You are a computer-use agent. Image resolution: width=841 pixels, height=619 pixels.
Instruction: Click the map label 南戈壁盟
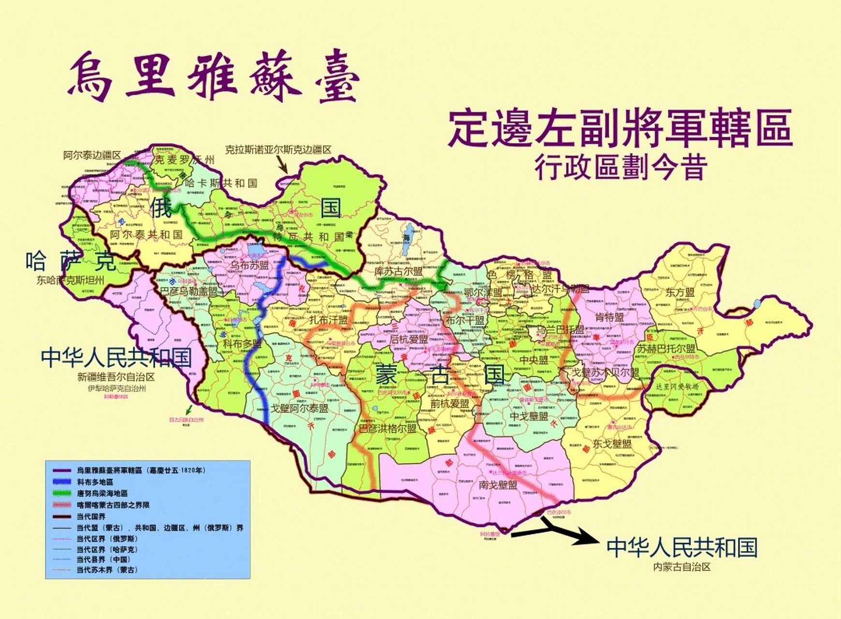click(x=498, y=485)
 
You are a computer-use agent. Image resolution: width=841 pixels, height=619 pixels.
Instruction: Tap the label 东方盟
click(x=679, y=292)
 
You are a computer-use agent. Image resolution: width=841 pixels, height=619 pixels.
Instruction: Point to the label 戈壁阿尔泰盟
click(x=299, y=408)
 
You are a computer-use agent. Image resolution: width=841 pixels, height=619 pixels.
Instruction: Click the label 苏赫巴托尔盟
click(x=666, y=349)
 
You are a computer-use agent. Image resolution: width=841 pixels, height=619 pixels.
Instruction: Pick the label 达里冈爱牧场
click(x=677, y=387)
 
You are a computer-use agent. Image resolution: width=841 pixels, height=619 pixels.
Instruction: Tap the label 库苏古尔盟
click(x=398, y=271)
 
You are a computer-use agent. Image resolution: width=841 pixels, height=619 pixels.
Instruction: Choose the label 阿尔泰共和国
click(x=146, y=235)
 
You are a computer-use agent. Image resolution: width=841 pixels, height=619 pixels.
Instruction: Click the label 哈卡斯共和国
click(x=221, y=183)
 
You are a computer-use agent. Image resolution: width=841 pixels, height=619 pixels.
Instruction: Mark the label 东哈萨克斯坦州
click(x=70, y=280)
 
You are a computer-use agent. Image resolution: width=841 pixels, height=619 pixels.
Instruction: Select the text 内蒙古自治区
click(x=682, y=567)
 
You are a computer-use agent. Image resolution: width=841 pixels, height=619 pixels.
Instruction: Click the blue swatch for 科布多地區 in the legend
click(x=61, y=482)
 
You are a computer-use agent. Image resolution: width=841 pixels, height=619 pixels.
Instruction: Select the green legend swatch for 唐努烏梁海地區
click(x=61, y=493)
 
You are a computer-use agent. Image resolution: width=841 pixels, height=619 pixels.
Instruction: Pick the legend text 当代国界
click(x=90, y=516)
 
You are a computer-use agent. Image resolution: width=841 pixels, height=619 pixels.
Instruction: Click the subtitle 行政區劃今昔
click(x=621, y=167)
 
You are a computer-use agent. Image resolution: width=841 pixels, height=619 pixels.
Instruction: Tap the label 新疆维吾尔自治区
click(x=116, y=377)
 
